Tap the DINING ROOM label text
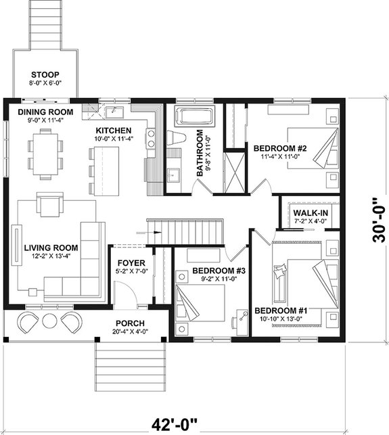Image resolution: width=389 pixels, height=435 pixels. click(x=45, y=112)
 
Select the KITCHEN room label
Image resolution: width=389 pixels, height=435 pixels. click(x=113, y=130)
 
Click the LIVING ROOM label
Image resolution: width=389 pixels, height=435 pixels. click(x=50, y=248)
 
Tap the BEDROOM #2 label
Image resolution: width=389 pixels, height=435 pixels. click(x=281, y=148)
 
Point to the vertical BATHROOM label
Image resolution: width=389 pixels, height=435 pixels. click(x=200, y=153)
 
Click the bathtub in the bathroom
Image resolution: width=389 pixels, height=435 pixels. click(x=194, y=116)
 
